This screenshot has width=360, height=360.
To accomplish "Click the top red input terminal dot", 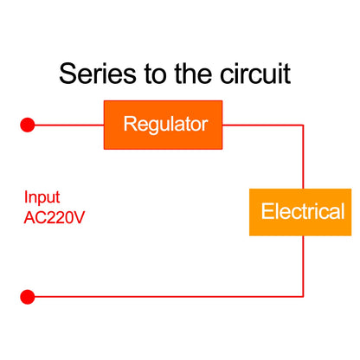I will point(28,125).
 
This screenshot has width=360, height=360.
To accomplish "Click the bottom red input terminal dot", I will point(28,297).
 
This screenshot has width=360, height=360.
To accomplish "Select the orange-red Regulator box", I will point(165,125).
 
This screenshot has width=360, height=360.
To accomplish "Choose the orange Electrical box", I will point(302,211).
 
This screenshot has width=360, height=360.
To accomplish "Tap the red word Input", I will point(42,196).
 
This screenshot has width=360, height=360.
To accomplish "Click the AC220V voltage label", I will point(55,215).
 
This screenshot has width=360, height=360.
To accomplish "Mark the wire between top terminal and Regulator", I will point(67,125).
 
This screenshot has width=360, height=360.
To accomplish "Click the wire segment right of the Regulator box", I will point(264,125).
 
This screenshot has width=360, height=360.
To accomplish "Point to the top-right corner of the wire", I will point(303,125).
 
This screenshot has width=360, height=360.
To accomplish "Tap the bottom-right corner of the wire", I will point(303,297).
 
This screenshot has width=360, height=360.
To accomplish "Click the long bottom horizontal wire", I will point(164,297).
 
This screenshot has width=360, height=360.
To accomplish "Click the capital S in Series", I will point(68,73).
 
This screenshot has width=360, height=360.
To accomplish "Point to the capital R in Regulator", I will point(130,125).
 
